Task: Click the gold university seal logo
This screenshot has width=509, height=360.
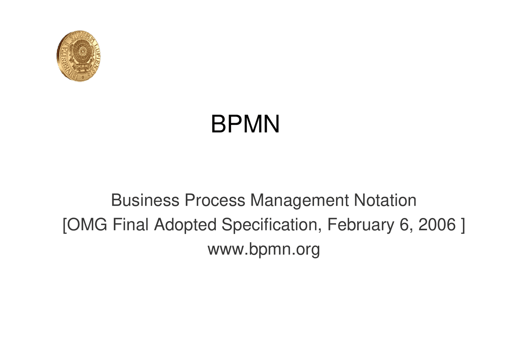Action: (78, 56)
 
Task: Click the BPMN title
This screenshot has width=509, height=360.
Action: (245, 124)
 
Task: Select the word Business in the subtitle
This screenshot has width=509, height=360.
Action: (145, 200)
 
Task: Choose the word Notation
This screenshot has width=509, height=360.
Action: (385, 200)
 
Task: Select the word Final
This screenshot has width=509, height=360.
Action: (130, 225)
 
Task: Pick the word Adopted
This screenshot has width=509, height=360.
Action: (185, 226)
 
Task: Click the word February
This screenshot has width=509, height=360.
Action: (360, 226)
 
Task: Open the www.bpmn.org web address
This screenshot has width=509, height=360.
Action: (264, 250)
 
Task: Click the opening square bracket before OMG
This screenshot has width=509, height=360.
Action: (65, 226)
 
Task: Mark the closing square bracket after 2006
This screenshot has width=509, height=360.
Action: (462, 226)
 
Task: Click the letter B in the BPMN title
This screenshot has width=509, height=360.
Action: (218, 124)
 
